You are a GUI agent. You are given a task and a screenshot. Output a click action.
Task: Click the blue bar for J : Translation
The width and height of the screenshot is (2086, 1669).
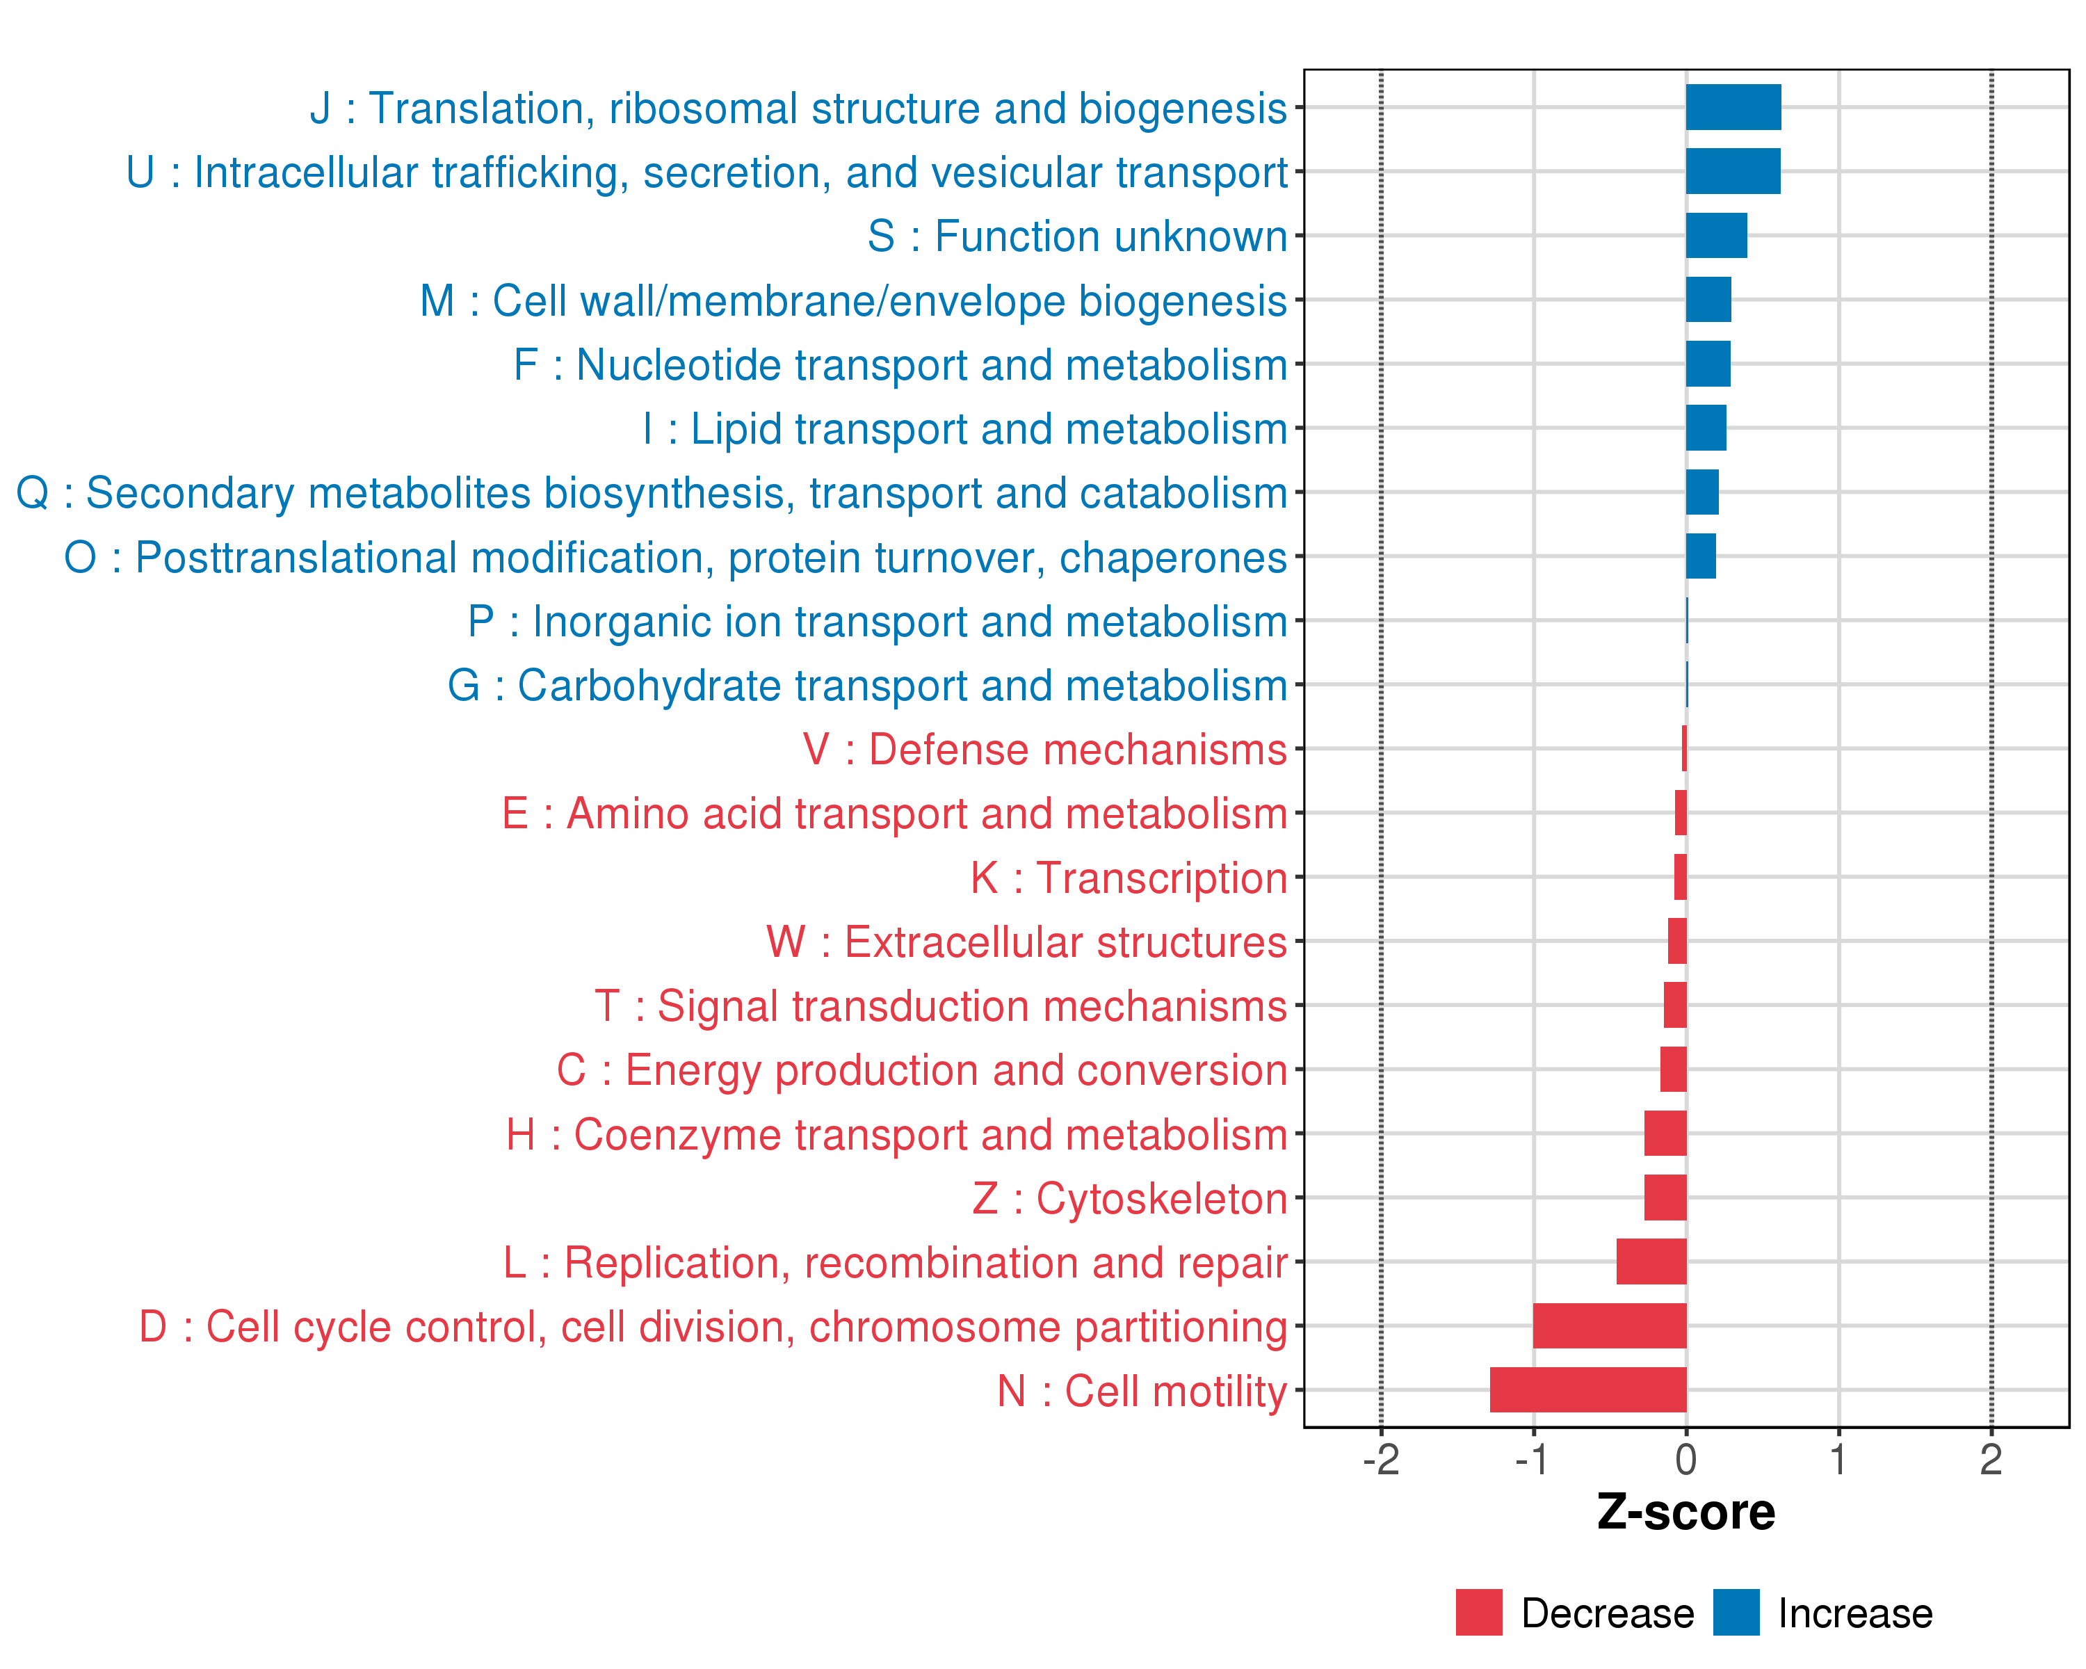[x=1733, y=107]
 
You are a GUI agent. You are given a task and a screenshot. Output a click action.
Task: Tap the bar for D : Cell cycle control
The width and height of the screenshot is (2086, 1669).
[x=1609, y=1325]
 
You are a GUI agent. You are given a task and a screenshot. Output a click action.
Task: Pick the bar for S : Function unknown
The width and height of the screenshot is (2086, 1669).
[x=1716, y=236]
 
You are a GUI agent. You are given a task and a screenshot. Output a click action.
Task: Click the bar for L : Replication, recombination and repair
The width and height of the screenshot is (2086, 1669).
[x=1651, y=1261]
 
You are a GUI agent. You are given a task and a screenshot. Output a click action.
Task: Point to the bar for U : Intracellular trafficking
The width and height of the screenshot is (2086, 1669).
[x=1733, y=171]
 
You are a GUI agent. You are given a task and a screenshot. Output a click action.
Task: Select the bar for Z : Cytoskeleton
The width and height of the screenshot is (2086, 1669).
[x=1665, y=1198]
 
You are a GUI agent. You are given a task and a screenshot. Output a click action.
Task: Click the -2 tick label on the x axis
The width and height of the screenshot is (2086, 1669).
[x=1381, y=1460]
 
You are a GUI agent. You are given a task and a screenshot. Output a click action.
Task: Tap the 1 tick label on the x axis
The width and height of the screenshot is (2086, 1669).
[x=1838, y=1460]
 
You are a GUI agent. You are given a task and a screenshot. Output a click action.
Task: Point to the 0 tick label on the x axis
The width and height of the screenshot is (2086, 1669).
[x=1686, y=1460]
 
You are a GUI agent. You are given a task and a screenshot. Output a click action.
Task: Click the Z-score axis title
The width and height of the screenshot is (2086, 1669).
[x=1686, y=1513]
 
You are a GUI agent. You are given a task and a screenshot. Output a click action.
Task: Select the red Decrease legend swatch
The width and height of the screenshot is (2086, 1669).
[x=1478, y=1613]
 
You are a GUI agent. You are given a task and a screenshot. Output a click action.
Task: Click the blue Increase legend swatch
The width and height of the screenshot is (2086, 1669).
[x=1736, y=1613]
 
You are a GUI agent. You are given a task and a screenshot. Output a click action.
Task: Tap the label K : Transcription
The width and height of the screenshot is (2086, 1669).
[x=1128, y=878]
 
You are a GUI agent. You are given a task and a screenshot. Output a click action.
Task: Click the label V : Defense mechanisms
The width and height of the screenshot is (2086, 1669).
[x=1044, y=750]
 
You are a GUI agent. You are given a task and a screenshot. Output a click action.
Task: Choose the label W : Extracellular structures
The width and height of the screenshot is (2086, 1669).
[x=1026, y=942]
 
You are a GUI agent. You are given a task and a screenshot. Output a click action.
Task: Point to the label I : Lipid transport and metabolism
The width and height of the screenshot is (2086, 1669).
[x=964, y=428]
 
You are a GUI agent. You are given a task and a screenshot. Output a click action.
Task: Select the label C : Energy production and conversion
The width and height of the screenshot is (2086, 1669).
[x=921, y=1070]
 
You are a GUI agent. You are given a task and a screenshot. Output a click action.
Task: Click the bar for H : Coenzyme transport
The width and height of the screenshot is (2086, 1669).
[x=1665, y=1133]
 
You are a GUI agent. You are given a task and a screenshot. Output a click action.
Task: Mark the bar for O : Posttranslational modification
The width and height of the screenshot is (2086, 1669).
[x=1701, y=556]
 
